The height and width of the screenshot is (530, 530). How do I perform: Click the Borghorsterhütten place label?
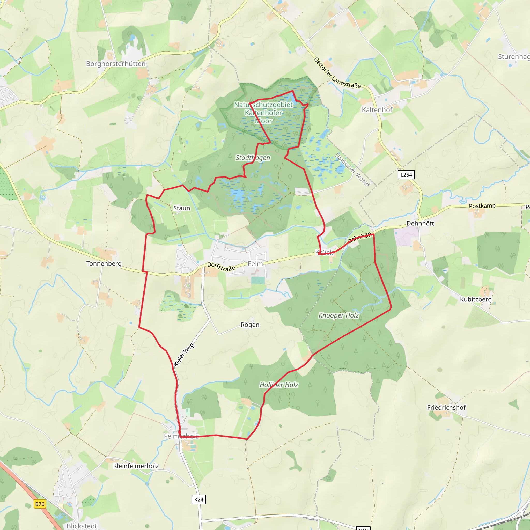click(115, 64)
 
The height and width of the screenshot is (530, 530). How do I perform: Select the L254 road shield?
click(406, 175)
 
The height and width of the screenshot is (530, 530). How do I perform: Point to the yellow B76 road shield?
click(40, 504)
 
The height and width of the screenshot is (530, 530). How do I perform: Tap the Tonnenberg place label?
click(104, 264)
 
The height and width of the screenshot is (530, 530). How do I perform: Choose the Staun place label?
click(182, 208)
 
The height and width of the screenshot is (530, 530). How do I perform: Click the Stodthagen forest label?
click(253, 158)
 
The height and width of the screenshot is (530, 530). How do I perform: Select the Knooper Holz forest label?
click(338, 315)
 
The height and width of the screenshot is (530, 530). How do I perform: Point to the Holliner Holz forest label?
click(279, 385)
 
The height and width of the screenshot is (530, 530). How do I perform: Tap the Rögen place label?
click(250, 325)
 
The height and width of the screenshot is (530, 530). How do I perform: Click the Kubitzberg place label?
click(476, 299)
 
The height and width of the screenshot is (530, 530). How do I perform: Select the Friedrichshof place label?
click(446, 407)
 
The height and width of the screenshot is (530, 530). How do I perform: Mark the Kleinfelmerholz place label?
click(136, 466)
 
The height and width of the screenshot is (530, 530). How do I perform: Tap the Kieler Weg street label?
click(184, 355)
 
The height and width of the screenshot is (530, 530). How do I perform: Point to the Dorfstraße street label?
click(221, 267)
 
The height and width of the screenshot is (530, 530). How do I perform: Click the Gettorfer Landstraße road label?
click(337, 73)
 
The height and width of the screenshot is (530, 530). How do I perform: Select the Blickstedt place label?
click(82, 526)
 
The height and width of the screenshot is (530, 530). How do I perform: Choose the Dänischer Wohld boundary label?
click(352, 170)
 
